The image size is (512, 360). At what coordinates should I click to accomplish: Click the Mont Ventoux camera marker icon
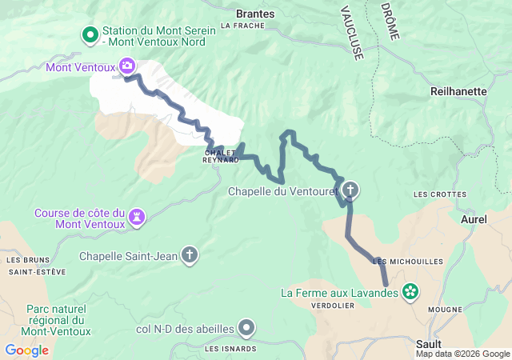[x=126, y=65]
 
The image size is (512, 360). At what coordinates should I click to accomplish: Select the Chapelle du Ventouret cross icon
[x=350, y=190]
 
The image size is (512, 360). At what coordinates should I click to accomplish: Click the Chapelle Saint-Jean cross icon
[x=190, y=255]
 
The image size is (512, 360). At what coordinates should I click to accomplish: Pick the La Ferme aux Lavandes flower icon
[x=410, y=292]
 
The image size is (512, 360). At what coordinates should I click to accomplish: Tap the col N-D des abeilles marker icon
[x=247, y=327]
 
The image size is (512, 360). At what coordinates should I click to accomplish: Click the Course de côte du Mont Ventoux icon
[x=138, y=215]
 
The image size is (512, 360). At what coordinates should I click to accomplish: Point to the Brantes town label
[x=256, y=14]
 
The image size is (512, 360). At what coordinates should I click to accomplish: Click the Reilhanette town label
[x=458, y=91]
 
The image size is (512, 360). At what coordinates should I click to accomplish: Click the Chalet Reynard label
[x=222, y=155]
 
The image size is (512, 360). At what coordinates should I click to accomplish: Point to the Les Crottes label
[x=440, y=194]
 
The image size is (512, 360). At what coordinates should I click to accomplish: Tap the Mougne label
[x=445, y=310]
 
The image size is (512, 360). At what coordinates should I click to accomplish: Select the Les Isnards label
[x=230, y=349]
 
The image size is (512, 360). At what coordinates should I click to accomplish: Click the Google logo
[x=27, y=350]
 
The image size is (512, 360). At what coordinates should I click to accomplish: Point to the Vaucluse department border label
[x=351, y=33]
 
